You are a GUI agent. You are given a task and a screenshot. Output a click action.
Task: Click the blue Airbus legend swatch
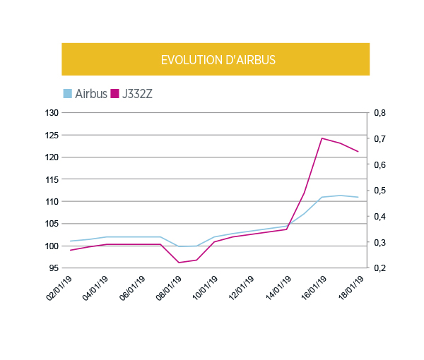(68, 93)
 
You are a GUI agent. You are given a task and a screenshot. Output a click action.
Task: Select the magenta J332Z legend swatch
(115, 93)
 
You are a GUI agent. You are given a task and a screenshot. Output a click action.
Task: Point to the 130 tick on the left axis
(51, 113)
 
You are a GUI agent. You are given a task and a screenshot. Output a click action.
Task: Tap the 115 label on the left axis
(51, 179)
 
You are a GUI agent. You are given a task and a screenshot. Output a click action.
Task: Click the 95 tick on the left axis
(53, 268)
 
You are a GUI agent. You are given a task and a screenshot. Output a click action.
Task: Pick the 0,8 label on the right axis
(379, 113)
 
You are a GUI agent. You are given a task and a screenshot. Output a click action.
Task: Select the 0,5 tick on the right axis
(379, 191)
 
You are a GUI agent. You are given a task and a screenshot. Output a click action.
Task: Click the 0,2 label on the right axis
(379, 268)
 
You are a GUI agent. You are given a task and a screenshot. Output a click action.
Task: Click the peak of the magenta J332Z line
(322, 138)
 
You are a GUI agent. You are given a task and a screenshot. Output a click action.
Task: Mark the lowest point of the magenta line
(179, 263)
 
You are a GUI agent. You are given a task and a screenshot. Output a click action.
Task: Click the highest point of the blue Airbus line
(341, 196)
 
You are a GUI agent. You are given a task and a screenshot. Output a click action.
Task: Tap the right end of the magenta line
(358, 152)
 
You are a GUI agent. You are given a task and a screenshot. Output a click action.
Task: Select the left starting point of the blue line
(70, 241)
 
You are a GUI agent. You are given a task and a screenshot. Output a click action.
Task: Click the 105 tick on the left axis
(51, 224)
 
